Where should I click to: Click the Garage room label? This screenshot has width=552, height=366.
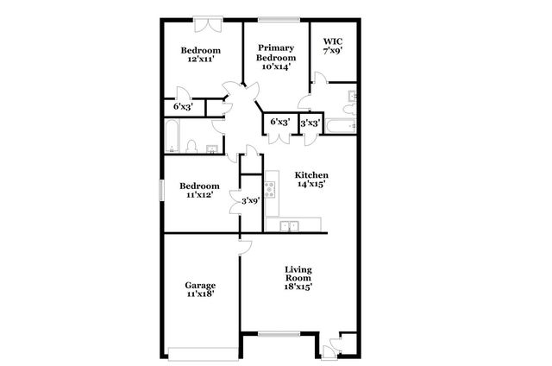200,285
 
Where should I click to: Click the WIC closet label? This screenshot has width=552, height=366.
332,41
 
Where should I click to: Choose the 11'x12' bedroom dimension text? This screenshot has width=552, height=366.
198,196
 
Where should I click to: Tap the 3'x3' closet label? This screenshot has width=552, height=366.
309,123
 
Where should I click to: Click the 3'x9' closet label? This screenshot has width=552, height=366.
250,200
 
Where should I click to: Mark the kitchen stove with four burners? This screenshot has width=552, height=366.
270,186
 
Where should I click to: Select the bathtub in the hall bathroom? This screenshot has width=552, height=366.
172,136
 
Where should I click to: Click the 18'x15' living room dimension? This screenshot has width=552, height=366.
298,287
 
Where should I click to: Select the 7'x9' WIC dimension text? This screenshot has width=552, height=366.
332,51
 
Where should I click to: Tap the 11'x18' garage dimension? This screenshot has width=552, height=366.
200,294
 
